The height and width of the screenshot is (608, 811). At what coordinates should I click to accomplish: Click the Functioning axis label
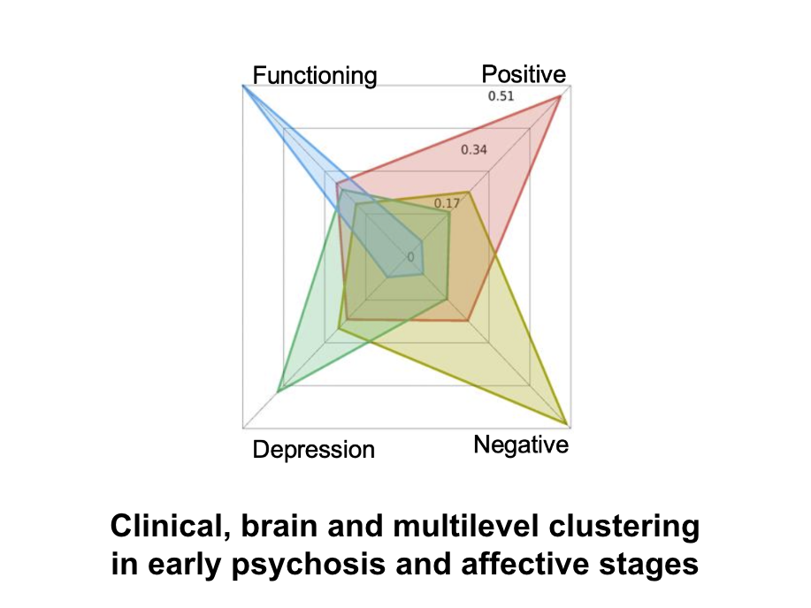pos(315,75)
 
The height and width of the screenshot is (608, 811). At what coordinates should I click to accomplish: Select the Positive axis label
pos(524,74)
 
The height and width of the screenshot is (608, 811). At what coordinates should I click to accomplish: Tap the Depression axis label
pos(313,450)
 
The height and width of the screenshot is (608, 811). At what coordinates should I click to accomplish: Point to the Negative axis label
pos(521,445)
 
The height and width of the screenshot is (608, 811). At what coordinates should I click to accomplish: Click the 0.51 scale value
pos(501,96)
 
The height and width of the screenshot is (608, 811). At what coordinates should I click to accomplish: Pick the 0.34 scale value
pos(474,150)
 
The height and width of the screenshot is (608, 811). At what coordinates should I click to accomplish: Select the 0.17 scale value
pos(447,203)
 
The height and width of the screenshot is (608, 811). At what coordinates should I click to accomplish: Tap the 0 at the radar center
pos(410,257)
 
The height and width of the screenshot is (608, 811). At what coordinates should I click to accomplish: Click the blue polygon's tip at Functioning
pos(243,86)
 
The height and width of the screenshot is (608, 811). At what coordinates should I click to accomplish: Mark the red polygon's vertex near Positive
pos(560,96)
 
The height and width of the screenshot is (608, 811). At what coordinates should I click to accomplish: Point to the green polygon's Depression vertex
pos(279,391)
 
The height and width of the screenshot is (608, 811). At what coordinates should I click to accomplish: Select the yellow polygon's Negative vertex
pos(568,425)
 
